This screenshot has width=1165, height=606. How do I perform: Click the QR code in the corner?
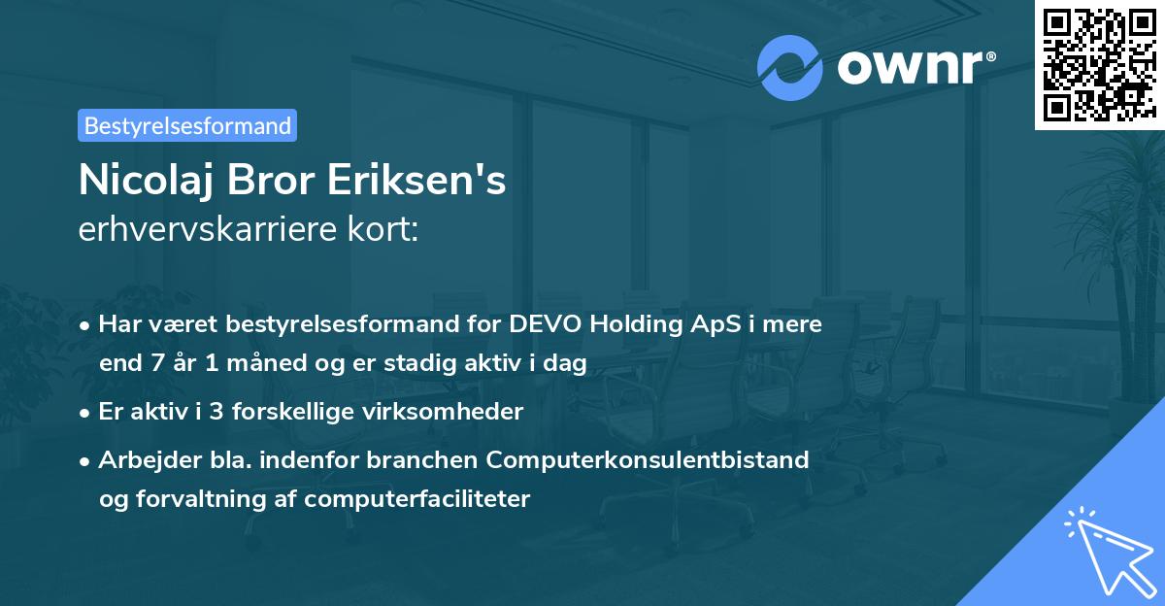(x=1099, y=65)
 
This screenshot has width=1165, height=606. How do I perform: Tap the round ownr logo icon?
(x=789, y=68)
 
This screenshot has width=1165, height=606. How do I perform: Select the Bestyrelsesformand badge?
(x=187, y=125)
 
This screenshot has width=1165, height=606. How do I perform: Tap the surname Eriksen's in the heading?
(x=424, y=182)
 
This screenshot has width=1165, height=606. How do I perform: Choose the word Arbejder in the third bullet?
(x=142, y=459)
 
